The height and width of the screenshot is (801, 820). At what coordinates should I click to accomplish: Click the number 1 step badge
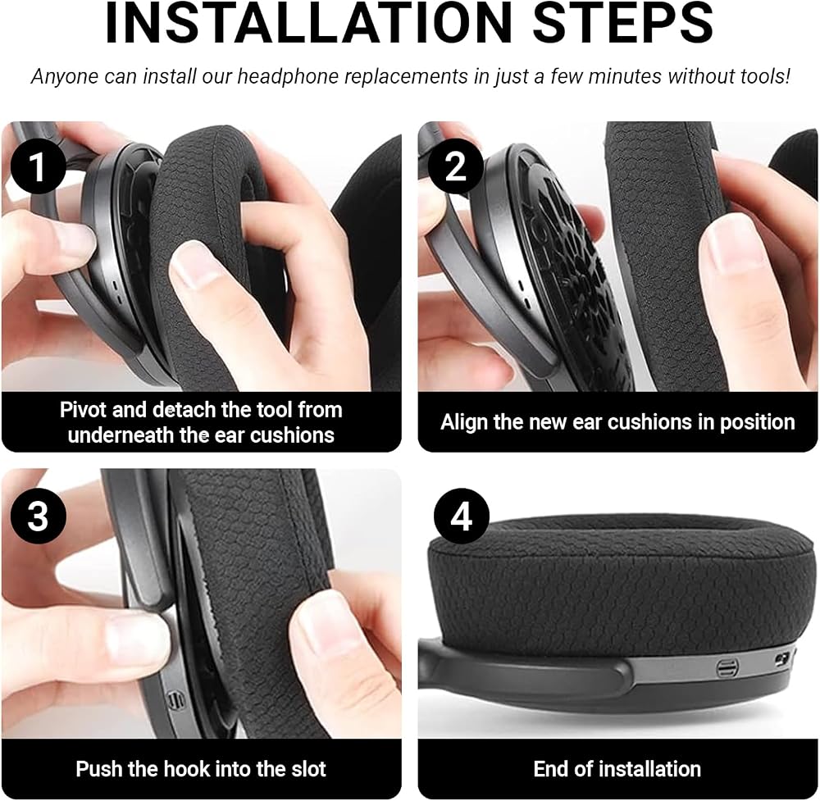(39, 166)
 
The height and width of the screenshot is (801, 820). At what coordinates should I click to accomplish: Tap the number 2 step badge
(455, 166)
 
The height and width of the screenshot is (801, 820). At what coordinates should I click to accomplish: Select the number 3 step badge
(39, 516)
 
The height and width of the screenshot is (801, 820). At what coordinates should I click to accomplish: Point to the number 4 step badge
(461, 516)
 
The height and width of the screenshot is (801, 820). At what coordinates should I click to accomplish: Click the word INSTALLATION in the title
(308, 23)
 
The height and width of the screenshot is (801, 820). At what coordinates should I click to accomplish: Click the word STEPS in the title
(623, 23)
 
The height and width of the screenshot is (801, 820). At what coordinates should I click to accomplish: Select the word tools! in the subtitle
(765, 76)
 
